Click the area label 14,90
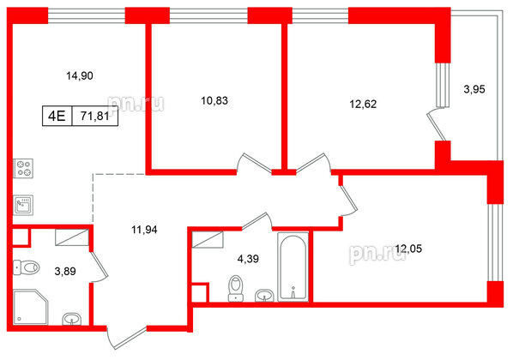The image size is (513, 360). point(80,76)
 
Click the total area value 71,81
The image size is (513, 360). point(95,115)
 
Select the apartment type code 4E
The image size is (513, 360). point(57,115)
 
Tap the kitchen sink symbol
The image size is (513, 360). point(23,205)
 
